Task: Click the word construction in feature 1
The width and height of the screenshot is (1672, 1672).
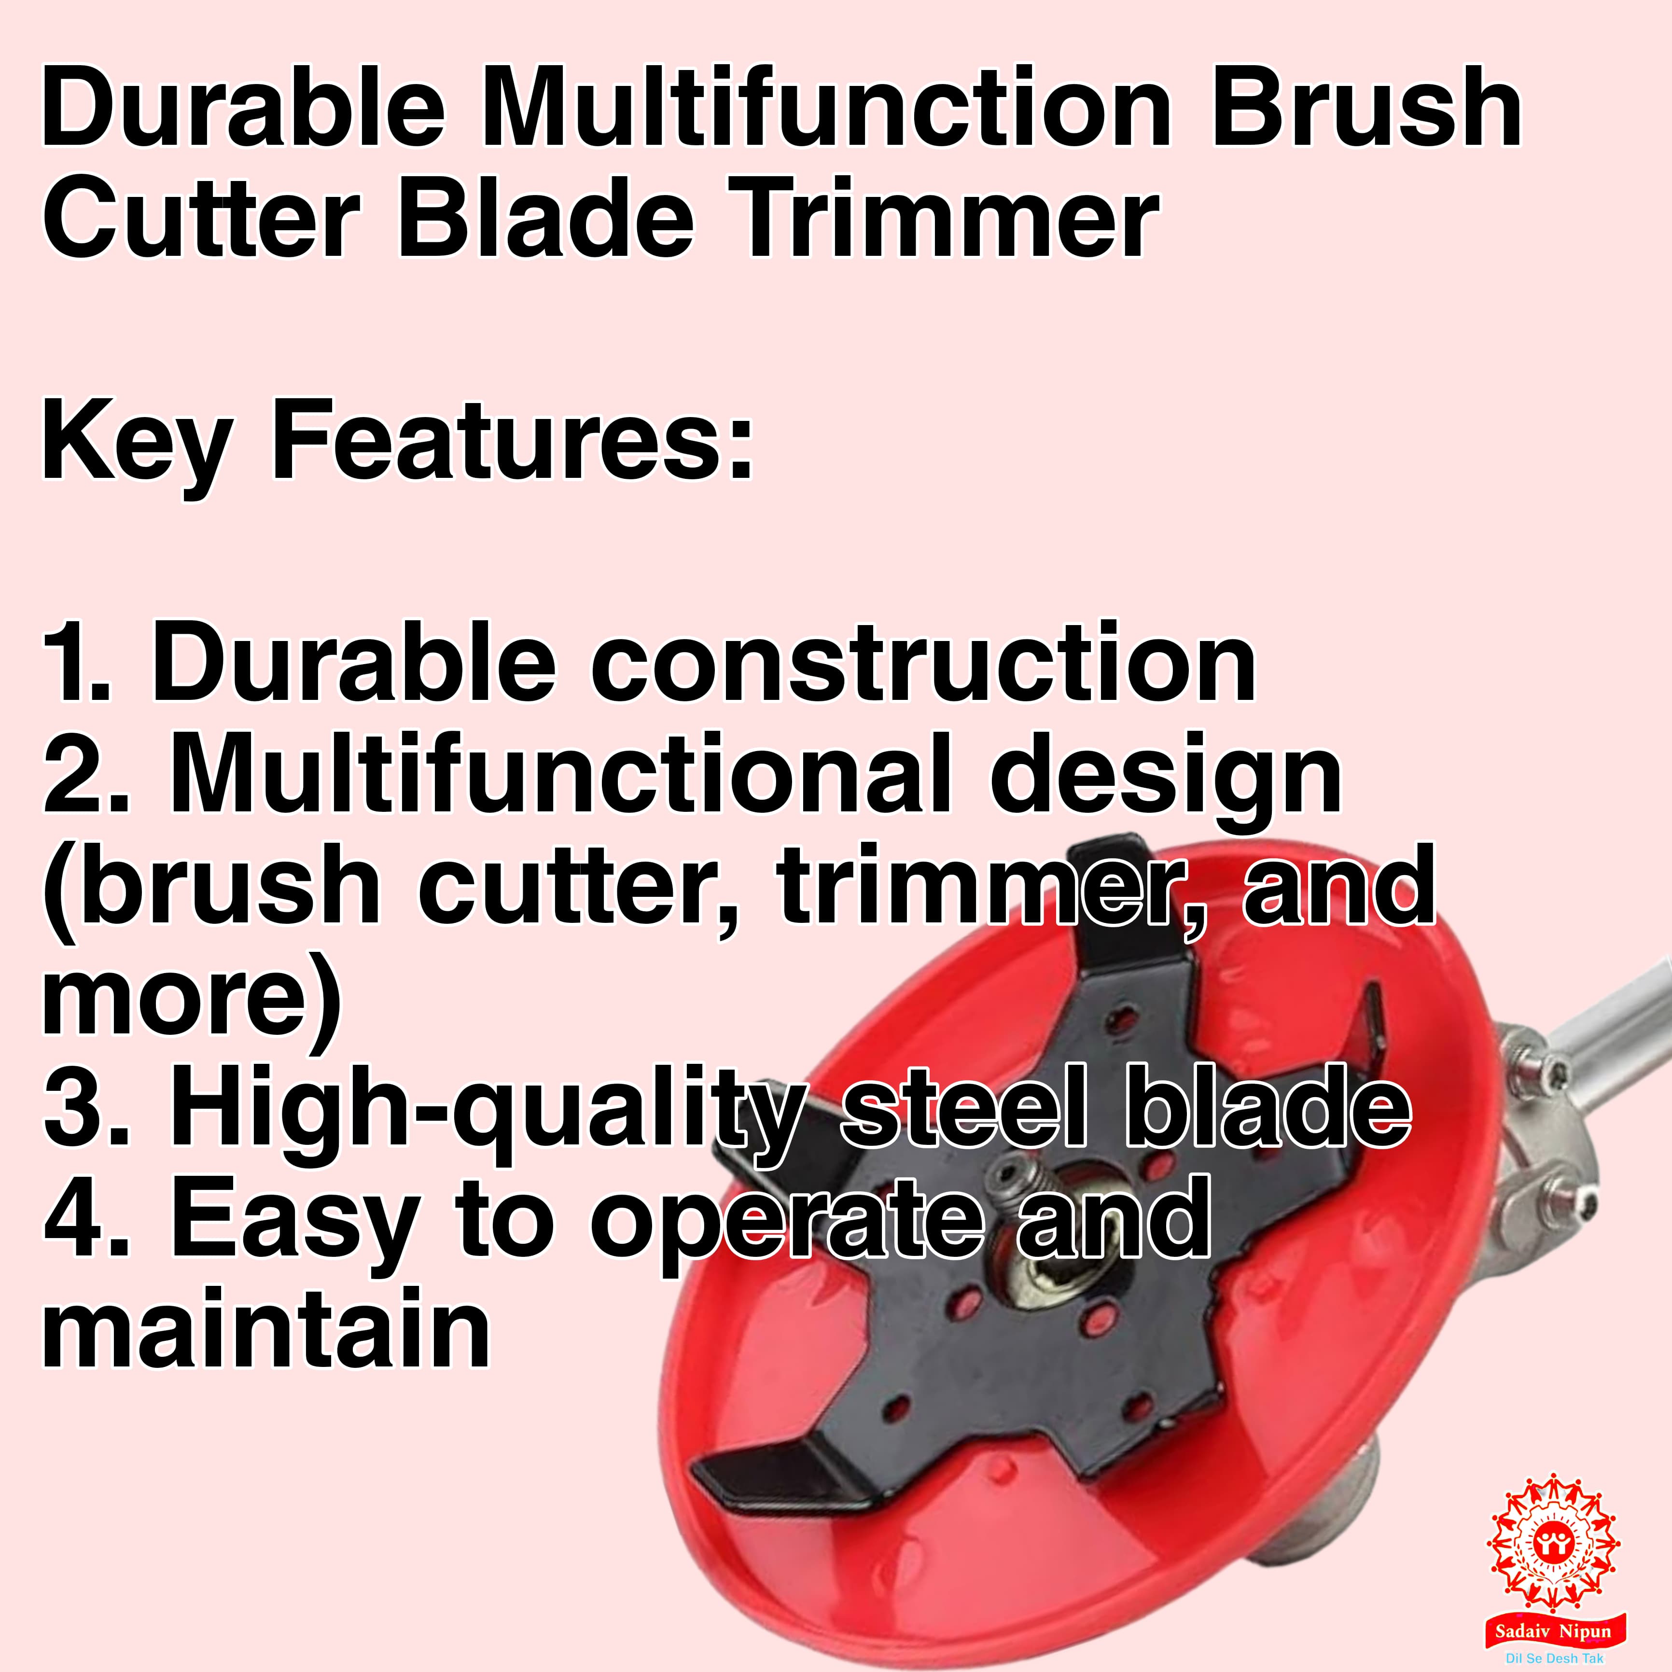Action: pyautogui.click(x=922, y=667)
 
